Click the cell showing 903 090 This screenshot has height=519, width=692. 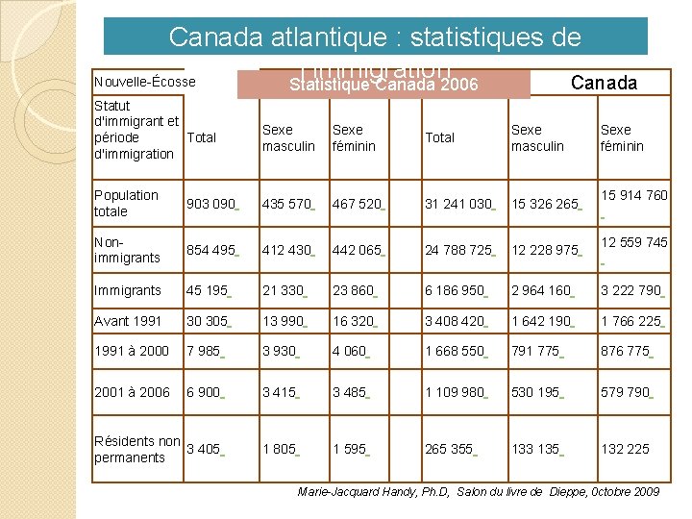click(210, 204)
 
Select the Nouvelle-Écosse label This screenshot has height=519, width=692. click(145, 83)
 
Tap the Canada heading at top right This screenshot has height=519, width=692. click(604, 83)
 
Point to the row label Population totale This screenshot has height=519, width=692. click(126, 203)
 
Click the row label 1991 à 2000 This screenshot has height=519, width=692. click(131, 351)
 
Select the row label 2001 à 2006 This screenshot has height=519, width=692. click(131, 392)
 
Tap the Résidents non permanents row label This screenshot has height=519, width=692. click(136, 449)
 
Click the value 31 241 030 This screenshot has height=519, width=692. click(458, 204)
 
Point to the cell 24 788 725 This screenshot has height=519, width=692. click(458, 250)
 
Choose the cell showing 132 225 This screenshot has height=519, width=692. click(624, 449)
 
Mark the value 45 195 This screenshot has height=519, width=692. click(207, 290)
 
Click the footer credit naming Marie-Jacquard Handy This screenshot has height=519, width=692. click(479, 492)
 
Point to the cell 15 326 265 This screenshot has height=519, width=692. click(545, 204)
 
